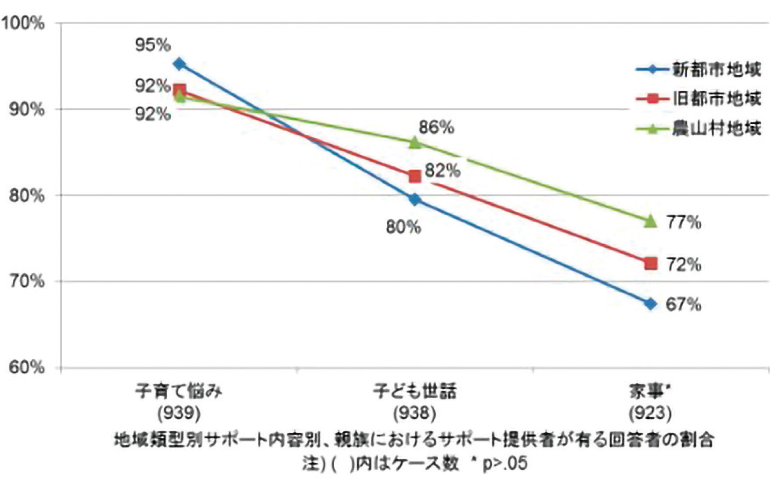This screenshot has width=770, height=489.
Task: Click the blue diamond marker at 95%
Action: (179, 64)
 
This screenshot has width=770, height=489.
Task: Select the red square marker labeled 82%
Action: (415, 176)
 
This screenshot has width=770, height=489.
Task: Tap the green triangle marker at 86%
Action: (415, 143)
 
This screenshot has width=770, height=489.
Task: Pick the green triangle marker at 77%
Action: (651, 221)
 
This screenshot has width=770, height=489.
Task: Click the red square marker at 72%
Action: (651, 264)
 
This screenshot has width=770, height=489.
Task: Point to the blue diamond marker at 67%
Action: (651, 304)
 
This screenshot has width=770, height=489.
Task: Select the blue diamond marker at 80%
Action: (415, 200)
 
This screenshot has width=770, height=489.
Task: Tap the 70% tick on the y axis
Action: (26, 281)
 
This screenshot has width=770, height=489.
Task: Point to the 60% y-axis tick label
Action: (26, 367)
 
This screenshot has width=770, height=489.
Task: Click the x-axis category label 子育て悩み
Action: (179, 391)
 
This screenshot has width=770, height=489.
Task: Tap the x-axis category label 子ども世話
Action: (415, 391)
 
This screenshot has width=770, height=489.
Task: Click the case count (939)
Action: (179, 414)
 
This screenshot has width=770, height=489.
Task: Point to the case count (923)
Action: (650, 414)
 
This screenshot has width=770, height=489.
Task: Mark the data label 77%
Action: (683, 223)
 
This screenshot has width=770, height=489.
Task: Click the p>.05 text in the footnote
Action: (505, 463)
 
